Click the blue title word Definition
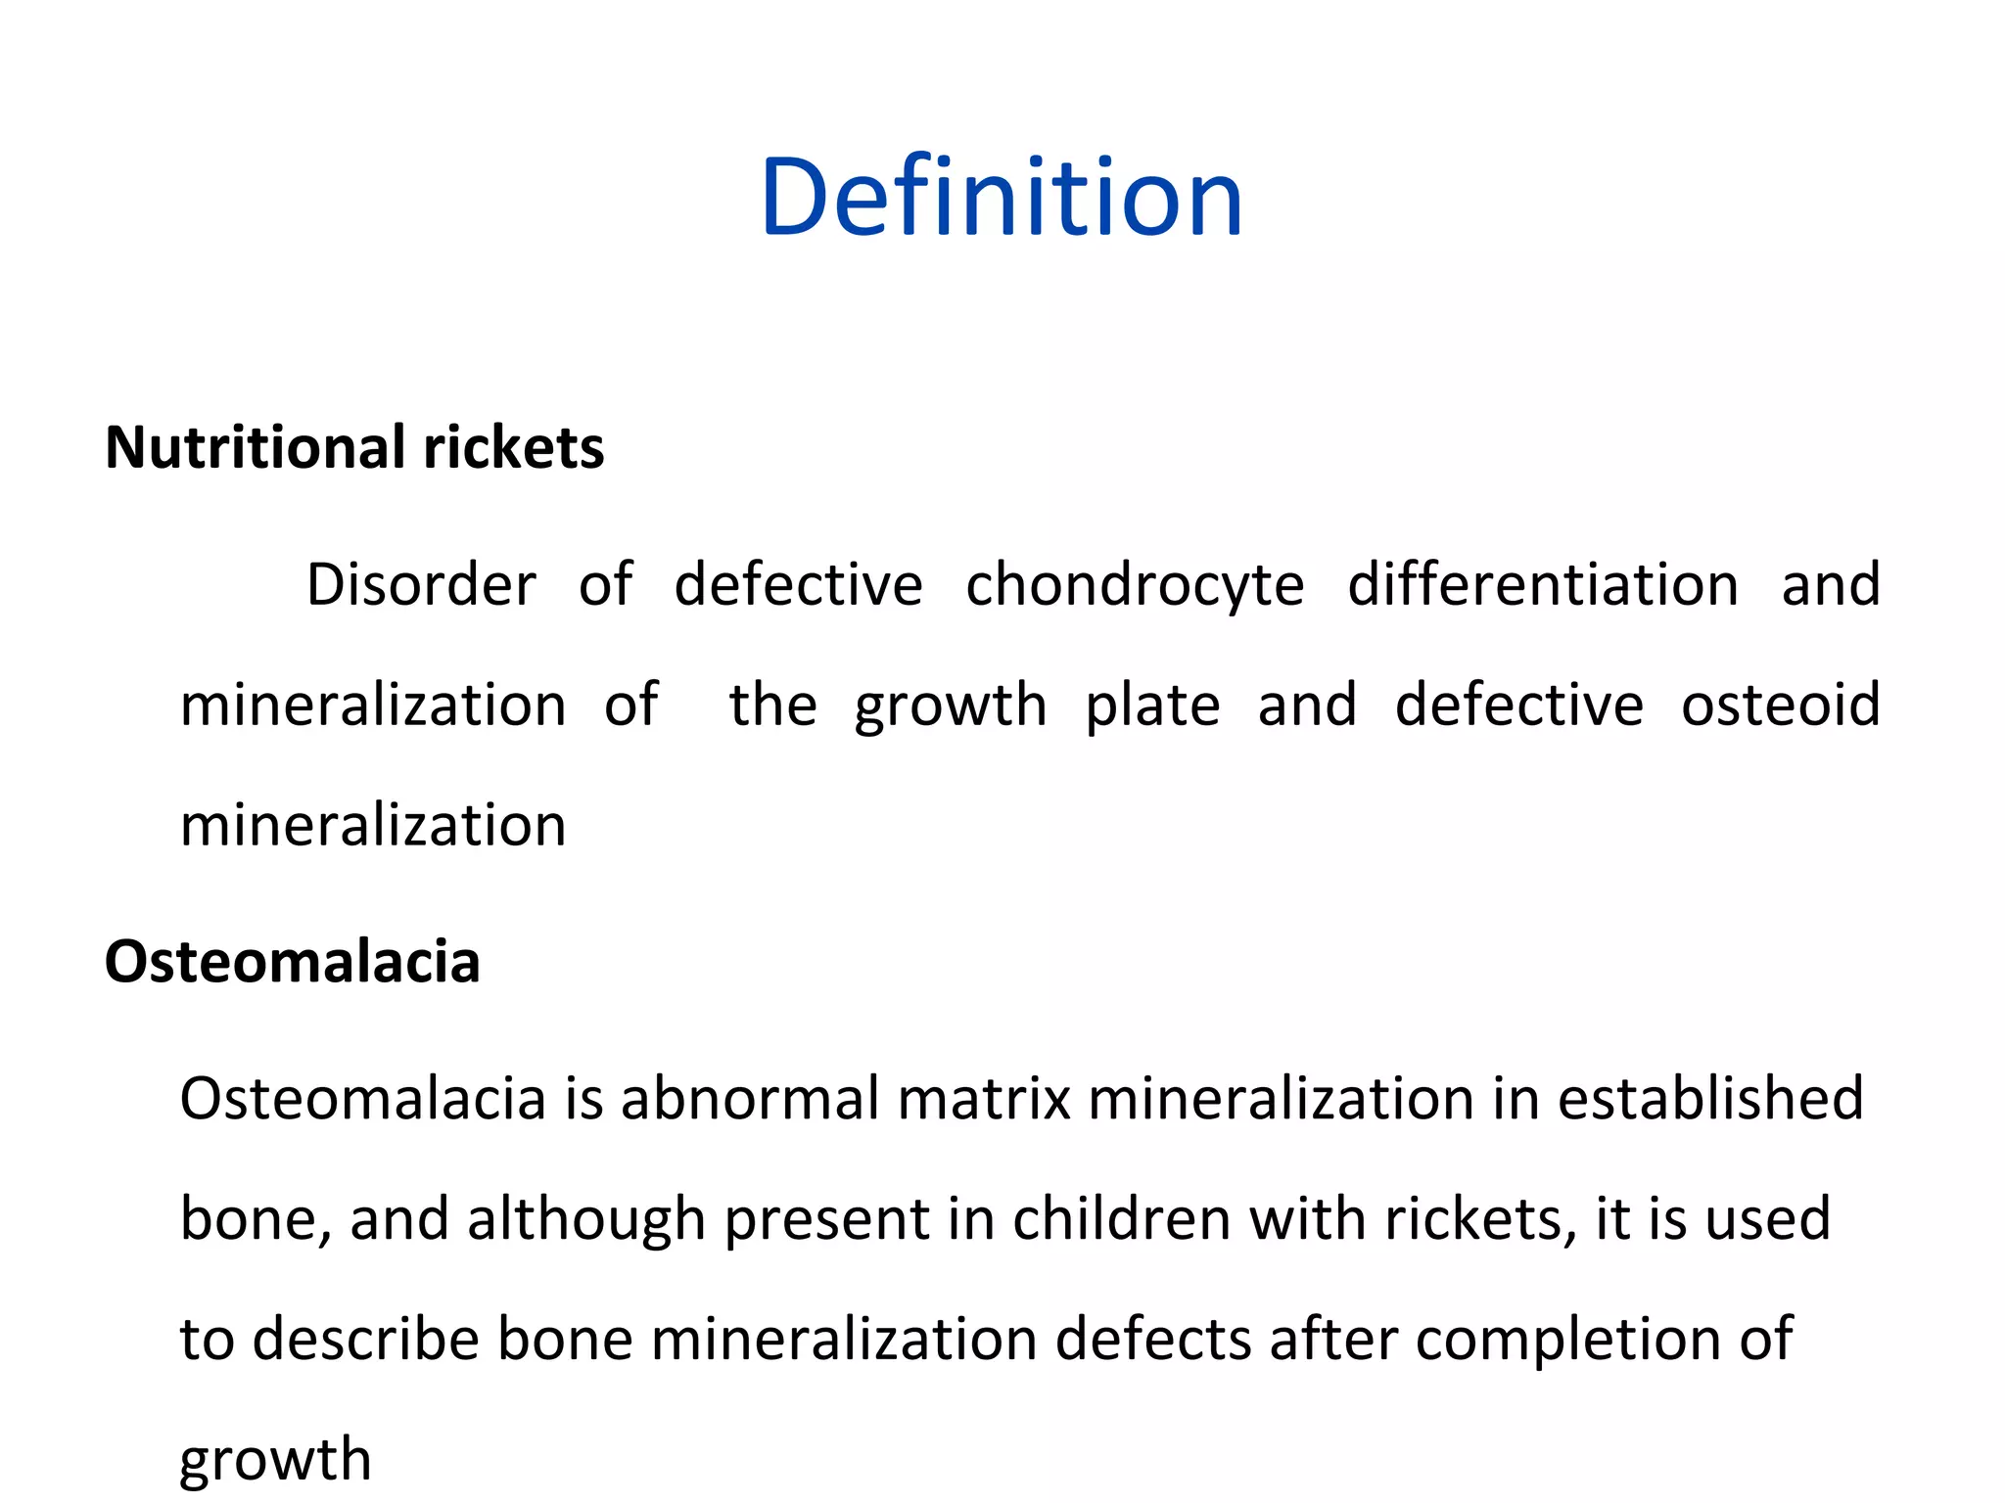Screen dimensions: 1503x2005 pyautogui.click(x=1001, y=199)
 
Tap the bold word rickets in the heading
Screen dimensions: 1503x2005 pyautogui.click(x=514, y=448)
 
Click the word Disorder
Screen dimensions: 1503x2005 pyautogui.click(x=421, y=585)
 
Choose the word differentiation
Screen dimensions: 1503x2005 pyautogui.click(x=1543, y=585)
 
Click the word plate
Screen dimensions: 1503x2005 pyautogui.click(x=1152, y=706)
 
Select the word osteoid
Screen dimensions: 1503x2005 pyautogui.click(x=1780, y=705)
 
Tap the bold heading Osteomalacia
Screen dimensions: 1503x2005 pyautogui.click(x=292, y=962)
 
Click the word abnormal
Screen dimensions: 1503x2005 pyautogui.click(x=750, y=1099)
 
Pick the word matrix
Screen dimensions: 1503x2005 pyautogui.click(x=983, y=1099)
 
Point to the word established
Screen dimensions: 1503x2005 pyautogui.click(x=1710, y=1099)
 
